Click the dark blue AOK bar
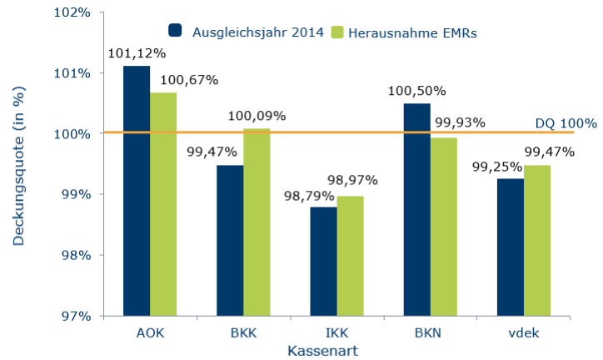coord(137,191)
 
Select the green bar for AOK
coord(163,204)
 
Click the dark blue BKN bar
coord(416,209)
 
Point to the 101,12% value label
coord(137,53)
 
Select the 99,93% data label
coord(459,122)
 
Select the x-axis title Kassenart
coord(323,351)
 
